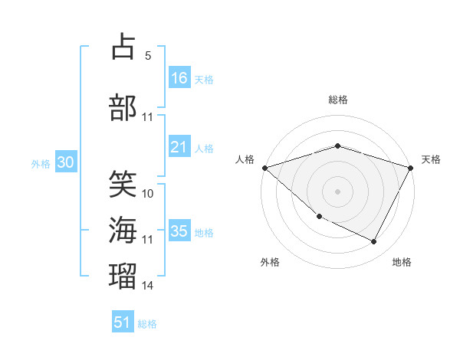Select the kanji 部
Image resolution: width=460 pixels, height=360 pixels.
(x=124, y=106)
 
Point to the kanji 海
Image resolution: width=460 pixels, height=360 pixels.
(x=124, y=229)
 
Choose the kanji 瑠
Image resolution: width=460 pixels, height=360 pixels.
(x=124, y=275)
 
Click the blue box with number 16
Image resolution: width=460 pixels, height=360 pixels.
(x=179, y=78)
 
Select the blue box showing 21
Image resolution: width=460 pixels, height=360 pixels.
(x=179, y=147)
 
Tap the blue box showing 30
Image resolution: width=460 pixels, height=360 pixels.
(x=65, y=163)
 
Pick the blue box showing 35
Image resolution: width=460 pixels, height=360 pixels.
(x=179, y=231)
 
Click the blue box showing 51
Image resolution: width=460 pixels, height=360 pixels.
(x=123, y=322)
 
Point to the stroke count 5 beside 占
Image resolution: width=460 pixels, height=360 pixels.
(x=148, y=56)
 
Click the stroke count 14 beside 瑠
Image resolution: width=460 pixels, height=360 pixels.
(x=148, y=286)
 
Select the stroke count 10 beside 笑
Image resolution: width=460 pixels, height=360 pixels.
(x=148, y=194)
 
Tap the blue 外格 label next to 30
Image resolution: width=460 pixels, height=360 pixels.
(x=41, y=164)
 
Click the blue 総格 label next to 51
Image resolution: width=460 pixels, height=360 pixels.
(x=147, y=324)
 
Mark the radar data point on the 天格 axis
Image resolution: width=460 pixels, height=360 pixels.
(x=412, y=168)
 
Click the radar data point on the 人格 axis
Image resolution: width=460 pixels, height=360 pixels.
(x=264, y=168)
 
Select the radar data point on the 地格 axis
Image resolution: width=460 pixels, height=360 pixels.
(x=373, y=242)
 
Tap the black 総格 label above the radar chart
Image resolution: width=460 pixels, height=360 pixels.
(x=338, y=100)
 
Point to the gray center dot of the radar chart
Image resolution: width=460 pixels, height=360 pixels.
(x=338, y=191)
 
